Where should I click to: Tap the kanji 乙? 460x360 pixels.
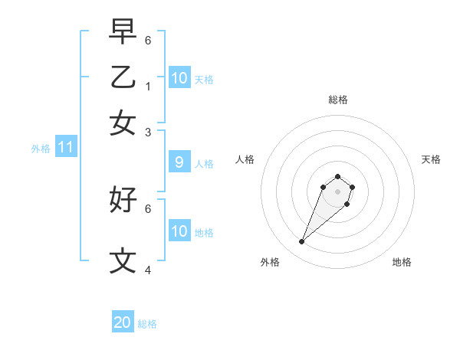[x=123, y=77]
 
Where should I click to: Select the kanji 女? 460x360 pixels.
[x=123, y=123]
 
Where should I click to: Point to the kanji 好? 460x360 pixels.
[x=123, y=199]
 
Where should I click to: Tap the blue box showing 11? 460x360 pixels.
[x=65, y=147]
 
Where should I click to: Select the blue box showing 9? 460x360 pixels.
[x=179, y=162]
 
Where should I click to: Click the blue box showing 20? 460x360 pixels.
[x=123, y=322]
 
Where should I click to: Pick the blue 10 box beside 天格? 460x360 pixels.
[x=179, y=78]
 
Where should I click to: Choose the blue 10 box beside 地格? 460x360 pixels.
[x=179, y=231]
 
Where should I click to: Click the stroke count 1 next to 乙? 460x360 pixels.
[x=148, y=87]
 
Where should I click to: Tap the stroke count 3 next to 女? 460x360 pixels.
[x=148, y=133]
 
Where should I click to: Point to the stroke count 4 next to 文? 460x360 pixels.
[x=148, y=270]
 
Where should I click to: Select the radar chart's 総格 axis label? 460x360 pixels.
[x=337, y=100]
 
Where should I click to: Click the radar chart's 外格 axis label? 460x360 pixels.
[x=270, y=262]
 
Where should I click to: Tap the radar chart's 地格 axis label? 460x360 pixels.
[x=402, y=262]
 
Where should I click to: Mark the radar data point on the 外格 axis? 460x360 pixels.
[x=302, y=242]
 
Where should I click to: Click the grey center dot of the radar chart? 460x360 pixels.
[x=337, y=191]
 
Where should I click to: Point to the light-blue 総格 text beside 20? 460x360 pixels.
[x=147, y=324]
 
